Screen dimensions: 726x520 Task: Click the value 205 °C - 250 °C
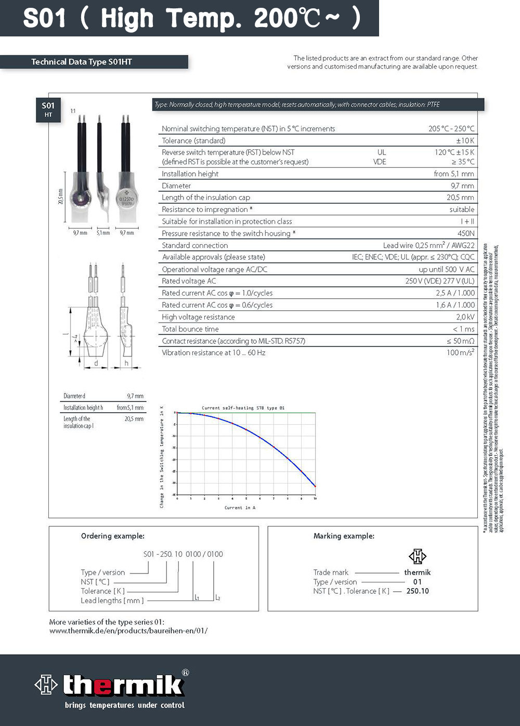(451, 129)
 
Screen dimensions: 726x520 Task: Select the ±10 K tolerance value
(465, 141)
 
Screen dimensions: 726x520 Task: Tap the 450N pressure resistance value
(465, 233)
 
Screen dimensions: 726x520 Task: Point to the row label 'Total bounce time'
(190, 329)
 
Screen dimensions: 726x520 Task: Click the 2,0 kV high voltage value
(465, 317)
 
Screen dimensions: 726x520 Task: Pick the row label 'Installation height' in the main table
(190, 174)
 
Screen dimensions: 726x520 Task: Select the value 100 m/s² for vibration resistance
(460, 353)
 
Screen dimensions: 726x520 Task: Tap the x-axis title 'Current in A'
(240, 507)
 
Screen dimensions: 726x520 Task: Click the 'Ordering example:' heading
(113, 536)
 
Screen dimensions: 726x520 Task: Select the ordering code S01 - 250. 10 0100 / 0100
(183, 554)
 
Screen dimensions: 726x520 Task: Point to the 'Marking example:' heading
(344, 536)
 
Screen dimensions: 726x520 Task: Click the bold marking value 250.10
(418, 591)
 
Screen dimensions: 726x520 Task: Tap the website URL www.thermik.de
(128, 631)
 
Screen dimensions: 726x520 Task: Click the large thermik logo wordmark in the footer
(123, 685)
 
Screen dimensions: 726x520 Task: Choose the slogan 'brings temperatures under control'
(125, 705)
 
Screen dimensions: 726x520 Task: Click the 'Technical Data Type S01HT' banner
(82, 62)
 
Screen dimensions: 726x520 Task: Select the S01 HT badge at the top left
(48, 109)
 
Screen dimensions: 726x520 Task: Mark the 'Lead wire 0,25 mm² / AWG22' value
(428, 245)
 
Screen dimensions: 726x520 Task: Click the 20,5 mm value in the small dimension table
(134, 419)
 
